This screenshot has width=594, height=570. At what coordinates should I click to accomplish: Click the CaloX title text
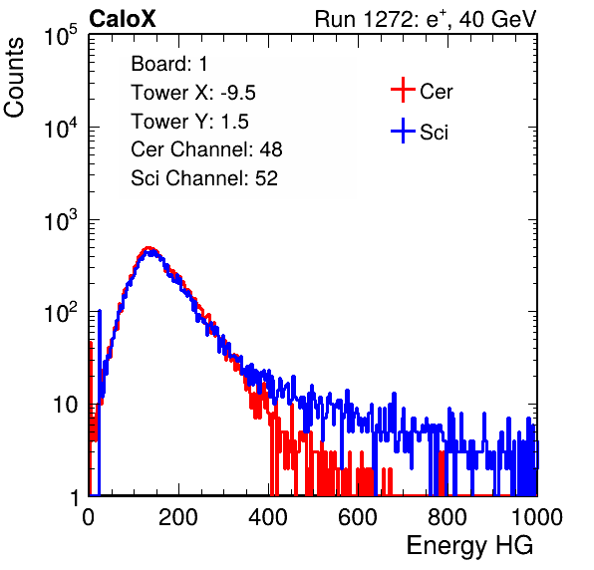pos(122,18)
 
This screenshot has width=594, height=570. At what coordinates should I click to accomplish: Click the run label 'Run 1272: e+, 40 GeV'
pos(426,19)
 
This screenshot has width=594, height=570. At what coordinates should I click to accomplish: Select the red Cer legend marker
pos(403,90)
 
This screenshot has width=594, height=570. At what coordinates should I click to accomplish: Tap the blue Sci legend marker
pos(403,132)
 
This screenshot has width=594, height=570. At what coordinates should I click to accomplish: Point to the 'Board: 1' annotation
pos(169,64)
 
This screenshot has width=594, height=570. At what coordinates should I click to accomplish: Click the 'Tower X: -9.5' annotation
pos(192,93)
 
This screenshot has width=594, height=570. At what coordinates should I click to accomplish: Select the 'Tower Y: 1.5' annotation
pos(189,122)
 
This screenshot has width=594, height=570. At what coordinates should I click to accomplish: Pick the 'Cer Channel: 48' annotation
pos(206,149)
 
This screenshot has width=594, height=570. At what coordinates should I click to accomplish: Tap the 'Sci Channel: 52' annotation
pos(204,178)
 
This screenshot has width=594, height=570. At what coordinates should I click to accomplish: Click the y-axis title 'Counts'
pos(14,78)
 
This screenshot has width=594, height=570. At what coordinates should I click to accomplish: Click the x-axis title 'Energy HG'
pos(469,546)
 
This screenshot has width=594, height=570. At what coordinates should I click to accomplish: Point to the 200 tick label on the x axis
pos(178,517)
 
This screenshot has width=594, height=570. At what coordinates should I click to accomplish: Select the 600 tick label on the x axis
pos(358,517)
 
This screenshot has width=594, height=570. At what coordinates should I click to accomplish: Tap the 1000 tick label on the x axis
pos(537,517)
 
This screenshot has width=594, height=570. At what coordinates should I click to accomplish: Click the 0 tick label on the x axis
pos(89,517)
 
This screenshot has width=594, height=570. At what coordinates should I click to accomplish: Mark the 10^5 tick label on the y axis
pos(61,35)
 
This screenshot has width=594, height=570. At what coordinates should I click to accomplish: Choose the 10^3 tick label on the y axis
pos(61,219)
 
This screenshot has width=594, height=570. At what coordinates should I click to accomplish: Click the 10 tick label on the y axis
pos(65,405)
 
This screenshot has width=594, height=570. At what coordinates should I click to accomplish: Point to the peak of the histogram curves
pos(149,249)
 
